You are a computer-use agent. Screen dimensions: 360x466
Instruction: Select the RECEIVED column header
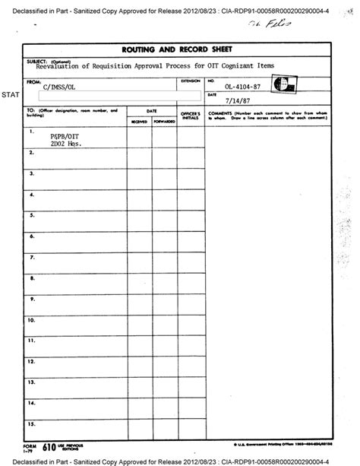click(x=138, y=121)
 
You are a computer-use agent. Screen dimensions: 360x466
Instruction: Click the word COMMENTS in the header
click(x=220, y=111)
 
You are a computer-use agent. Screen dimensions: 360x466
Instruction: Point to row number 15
click(x=32, y=423)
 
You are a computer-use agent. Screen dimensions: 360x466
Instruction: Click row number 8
click(x=32, y=278)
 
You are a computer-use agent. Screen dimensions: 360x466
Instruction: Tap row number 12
click(x=32, y=361)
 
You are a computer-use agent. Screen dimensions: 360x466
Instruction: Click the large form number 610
click(x=48, y=449)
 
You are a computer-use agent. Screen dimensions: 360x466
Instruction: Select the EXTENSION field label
click(x=191, y=80)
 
